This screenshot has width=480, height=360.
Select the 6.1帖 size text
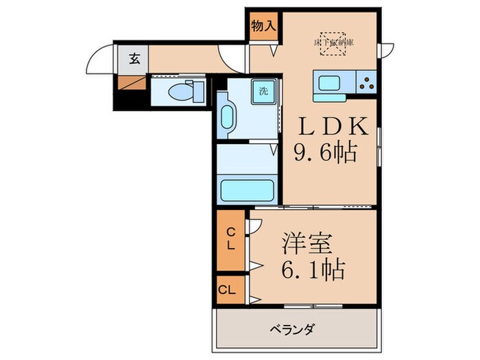point(312,267)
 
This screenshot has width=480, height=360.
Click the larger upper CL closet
point(232,240)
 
